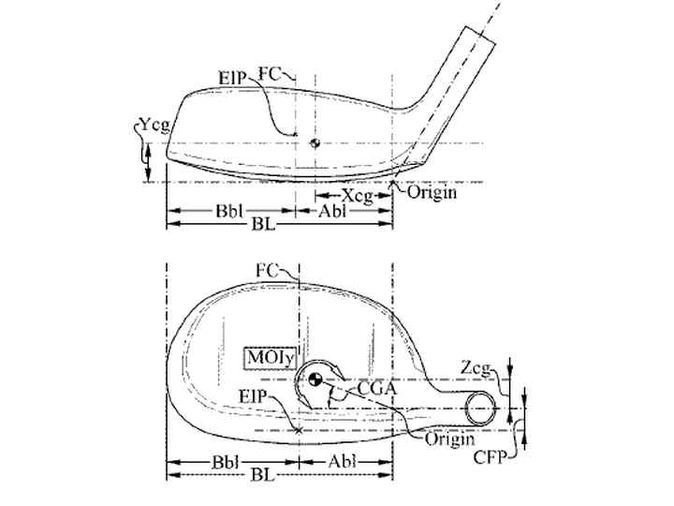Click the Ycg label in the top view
pyautogui.click(x=154, y=126)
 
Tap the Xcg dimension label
pyautogui.click(x=358, y=196)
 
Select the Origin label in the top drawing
pyautogui.click(x=432, y=192)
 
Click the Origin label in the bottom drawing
pyautogui.click(x=449, y=439)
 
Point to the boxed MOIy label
pyautogui.click(x=271, y=358)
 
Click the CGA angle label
pyautogui.click(x=377, y=389)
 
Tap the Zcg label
pyautogui.click(x=475, y=368)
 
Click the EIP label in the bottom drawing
pyautogui.click(x=253, y=396)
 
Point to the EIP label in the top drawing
pyautogui.click(x=232, y=78)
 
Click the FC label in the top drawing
pyautogui.click(x=269, y=74)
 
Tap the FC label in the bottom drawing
pyautogui.click(x=267, y=271)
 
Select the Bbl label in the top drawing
pyautogui.click(x=229, y=211)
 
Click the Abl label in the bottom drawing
pyautogui.click(x=343, y=462)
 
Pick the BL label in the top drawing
pyautogui.click(x=262, y=224)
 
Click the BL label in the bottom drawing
pyautogui.click(x=262, y=475)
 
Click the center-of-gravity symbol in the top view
pyautogui.click(x=315, y=142)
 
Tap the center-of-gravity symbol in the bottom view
pyautogui.click(x=315, y=379)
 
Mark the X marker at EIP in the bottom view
pyautogui.click(x=299, y=430)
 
